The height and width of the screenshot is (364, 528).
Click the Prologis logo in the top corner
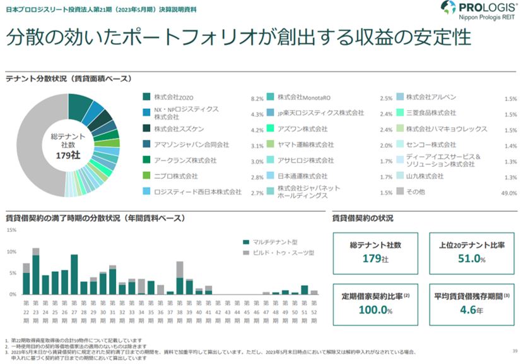coord(482,11)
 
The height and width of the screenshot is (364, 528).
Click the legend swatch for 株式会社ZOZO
coord(146,97)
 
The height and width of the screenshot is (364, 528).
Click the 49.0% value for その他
coord(508,193)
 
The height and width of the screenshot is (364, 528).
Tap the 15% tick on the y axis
coord(11,230)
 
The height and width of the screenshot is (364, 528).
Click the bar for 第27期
coord(74,275)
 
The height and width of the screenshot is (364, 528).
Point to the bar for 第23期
coord(36,273)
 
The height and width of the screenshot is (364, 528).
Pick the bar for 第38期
coord(180,279)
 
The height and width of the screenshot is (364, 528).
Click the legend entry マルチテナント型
coord(276,242)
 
